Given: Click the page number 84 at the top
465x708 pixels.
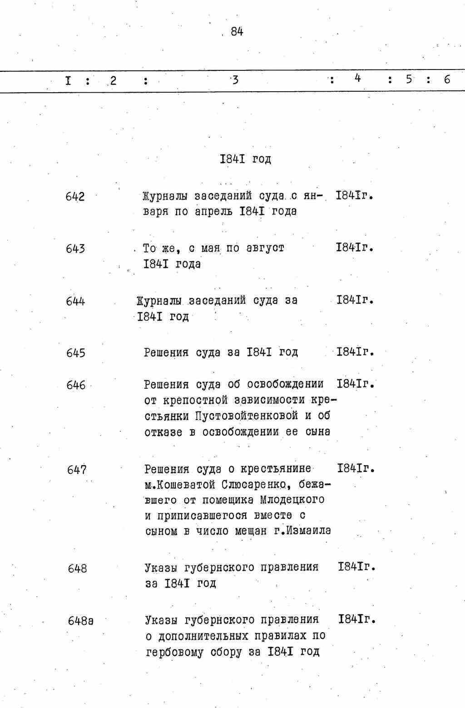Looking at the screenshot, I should [x=237, y=31].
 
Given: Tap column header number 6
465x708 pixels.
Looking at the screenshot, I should [x=447, y=79].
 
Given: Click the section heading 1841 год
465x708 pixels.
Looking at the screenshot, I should [x=245, y=159].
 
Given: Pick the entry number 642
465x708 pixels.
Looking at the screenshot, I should [x=75, y=197].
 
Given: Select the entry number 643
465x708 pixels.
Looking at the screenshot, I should [x=75, y=249].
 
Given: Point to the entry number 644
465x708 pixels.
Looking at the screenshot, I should [x=75, y=302].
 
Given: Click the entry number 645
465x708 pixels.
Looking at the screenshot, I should [x=76, y=353].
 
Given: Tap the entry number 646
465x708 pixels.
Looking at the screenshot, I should [x=76, y=385].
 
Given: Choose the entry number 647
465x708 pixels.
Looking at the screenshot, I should [x=77, y=470].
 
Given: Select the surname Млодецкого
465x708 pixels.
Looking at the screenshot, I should [x=292, y=500].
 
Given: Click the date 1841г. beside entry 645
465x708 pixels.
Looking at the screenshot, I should [x=356, y=352].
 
